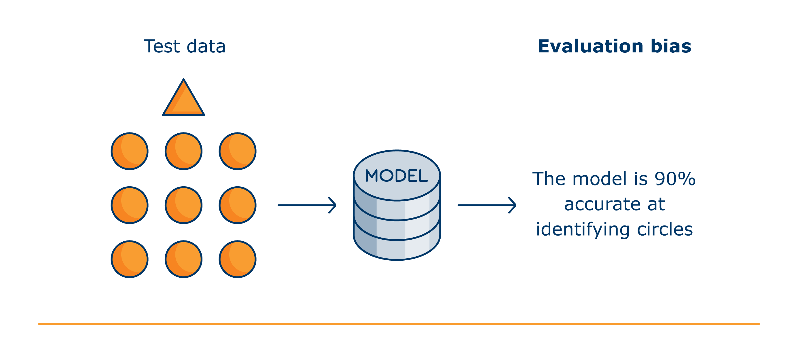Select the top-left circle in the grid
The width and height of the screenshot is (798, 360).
130,151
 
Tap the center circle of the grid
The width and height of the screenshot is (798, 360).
183,205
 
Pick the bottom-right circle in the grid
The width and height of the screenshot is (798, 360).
238,259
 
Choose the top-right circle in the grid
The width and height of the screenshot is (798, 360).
238,151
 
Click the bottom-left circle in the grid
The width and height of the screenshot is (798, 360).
130,259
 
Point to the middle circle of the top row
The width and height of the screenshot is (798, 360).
183,151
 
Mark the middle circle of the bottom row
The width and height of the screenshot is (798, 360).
183,259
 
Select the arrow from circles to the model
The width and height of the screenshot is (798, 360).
307,205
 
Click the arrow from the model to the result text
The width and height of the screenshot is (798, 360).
487,205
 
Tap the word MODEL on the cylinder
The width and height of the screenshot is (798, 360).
397,176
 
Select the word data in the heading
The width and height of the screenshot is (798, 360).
206,46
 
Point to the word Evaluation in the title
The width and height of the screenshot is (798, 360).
591,46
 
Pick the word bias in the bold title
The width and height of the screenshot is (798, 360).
671,46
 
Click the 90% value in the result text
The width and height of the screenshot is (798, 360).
675,179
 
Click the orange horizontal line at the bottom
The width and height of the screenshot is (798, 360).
399,324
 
